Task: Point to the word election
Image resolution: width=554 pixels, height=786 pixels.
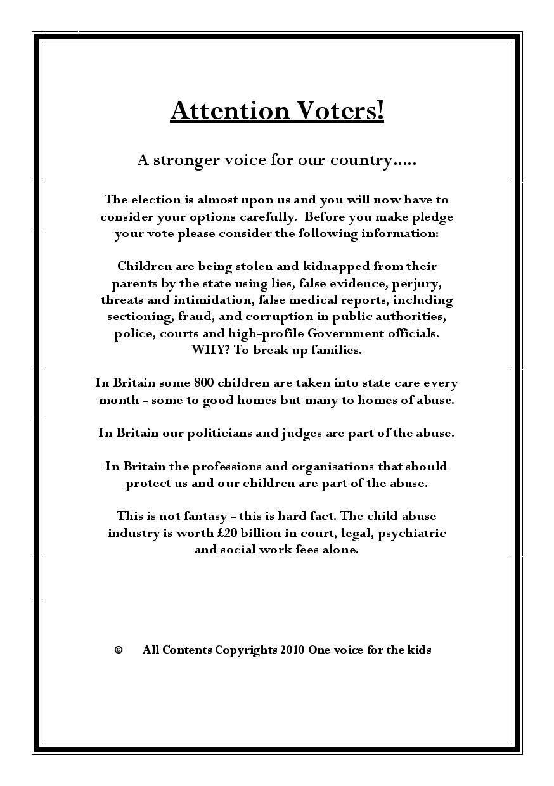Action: [156, 200]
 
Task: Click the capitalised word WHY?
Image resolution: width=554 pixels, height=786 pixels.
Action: [209, 350]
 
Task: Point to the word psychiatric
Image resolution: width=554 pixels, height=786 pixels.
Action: [412, 533]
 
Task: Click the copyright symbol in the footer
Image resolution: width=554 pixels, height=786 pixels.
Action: [118, 650]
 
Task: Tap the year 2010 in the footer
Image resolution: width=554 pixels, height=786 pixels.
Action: [292, 650]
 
